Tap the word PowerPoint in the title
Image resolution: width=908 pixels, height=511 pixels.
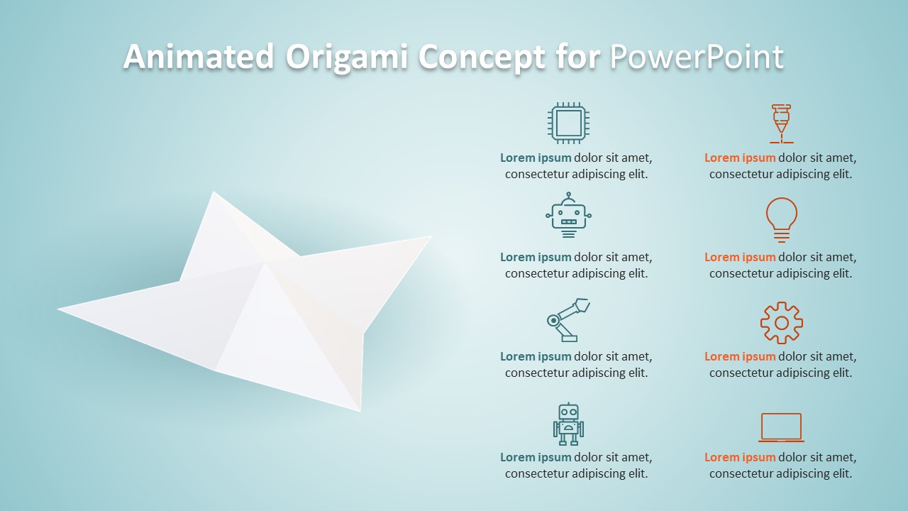pyautogui.click(x=697, y=57)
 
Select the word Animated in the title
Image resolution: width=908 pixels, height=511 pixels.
pyautogui.click(x=199, y=57)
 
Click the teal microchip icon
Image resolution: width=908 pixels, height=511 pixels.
pyautogui.click(x=568, y=123)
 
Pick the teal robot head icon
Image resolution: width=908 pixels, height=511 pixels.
pyautogui.click(x=568, y=215)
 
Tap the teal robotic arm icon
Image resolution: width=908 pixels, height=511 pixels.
pyautogui.click(x=568, y=320)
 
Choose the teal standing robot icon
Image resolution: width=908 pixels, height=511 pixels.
pyautogui.click(x=568, y=424)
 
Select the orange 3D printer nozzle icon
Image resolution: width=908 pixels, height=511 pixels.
pyautogui.click(x=781, y=123)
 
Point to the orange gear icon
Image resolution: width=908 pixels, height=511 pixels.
pyautogui.click(x=781, y=323)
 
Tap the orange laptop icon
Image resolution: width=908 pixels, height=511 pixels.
pyautogui.click(x=781, y=427)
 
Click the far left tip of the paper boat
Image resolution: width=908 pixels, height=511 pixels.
pyautogui.click(x=60, y=309)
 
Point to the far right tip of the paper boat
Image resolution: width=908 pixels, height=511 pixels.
pyautogui.click(x=430, y=237)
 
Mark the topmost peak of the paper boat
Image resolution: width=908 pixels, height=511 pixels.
pyautogui.click(x=213, y=193)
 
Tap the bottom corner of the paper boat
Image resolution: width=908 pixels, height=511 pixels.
pyautogui.click(x=360, y=410)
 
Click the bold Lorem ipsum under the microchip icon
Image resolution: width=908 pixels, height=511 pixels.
pyautogui.click(x=536, y=158)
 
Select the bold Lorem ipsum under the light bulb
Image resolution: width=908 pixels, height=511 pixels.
pyautogui.click(x=740, y=258)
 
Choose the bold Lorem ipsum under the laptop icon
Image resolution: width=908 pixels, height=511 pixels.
pyautogui.click(x=740, y=458)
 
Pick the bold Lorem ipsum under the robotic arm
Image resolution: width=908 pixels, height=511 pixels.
pyautogui.click(x=536, y=357)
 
